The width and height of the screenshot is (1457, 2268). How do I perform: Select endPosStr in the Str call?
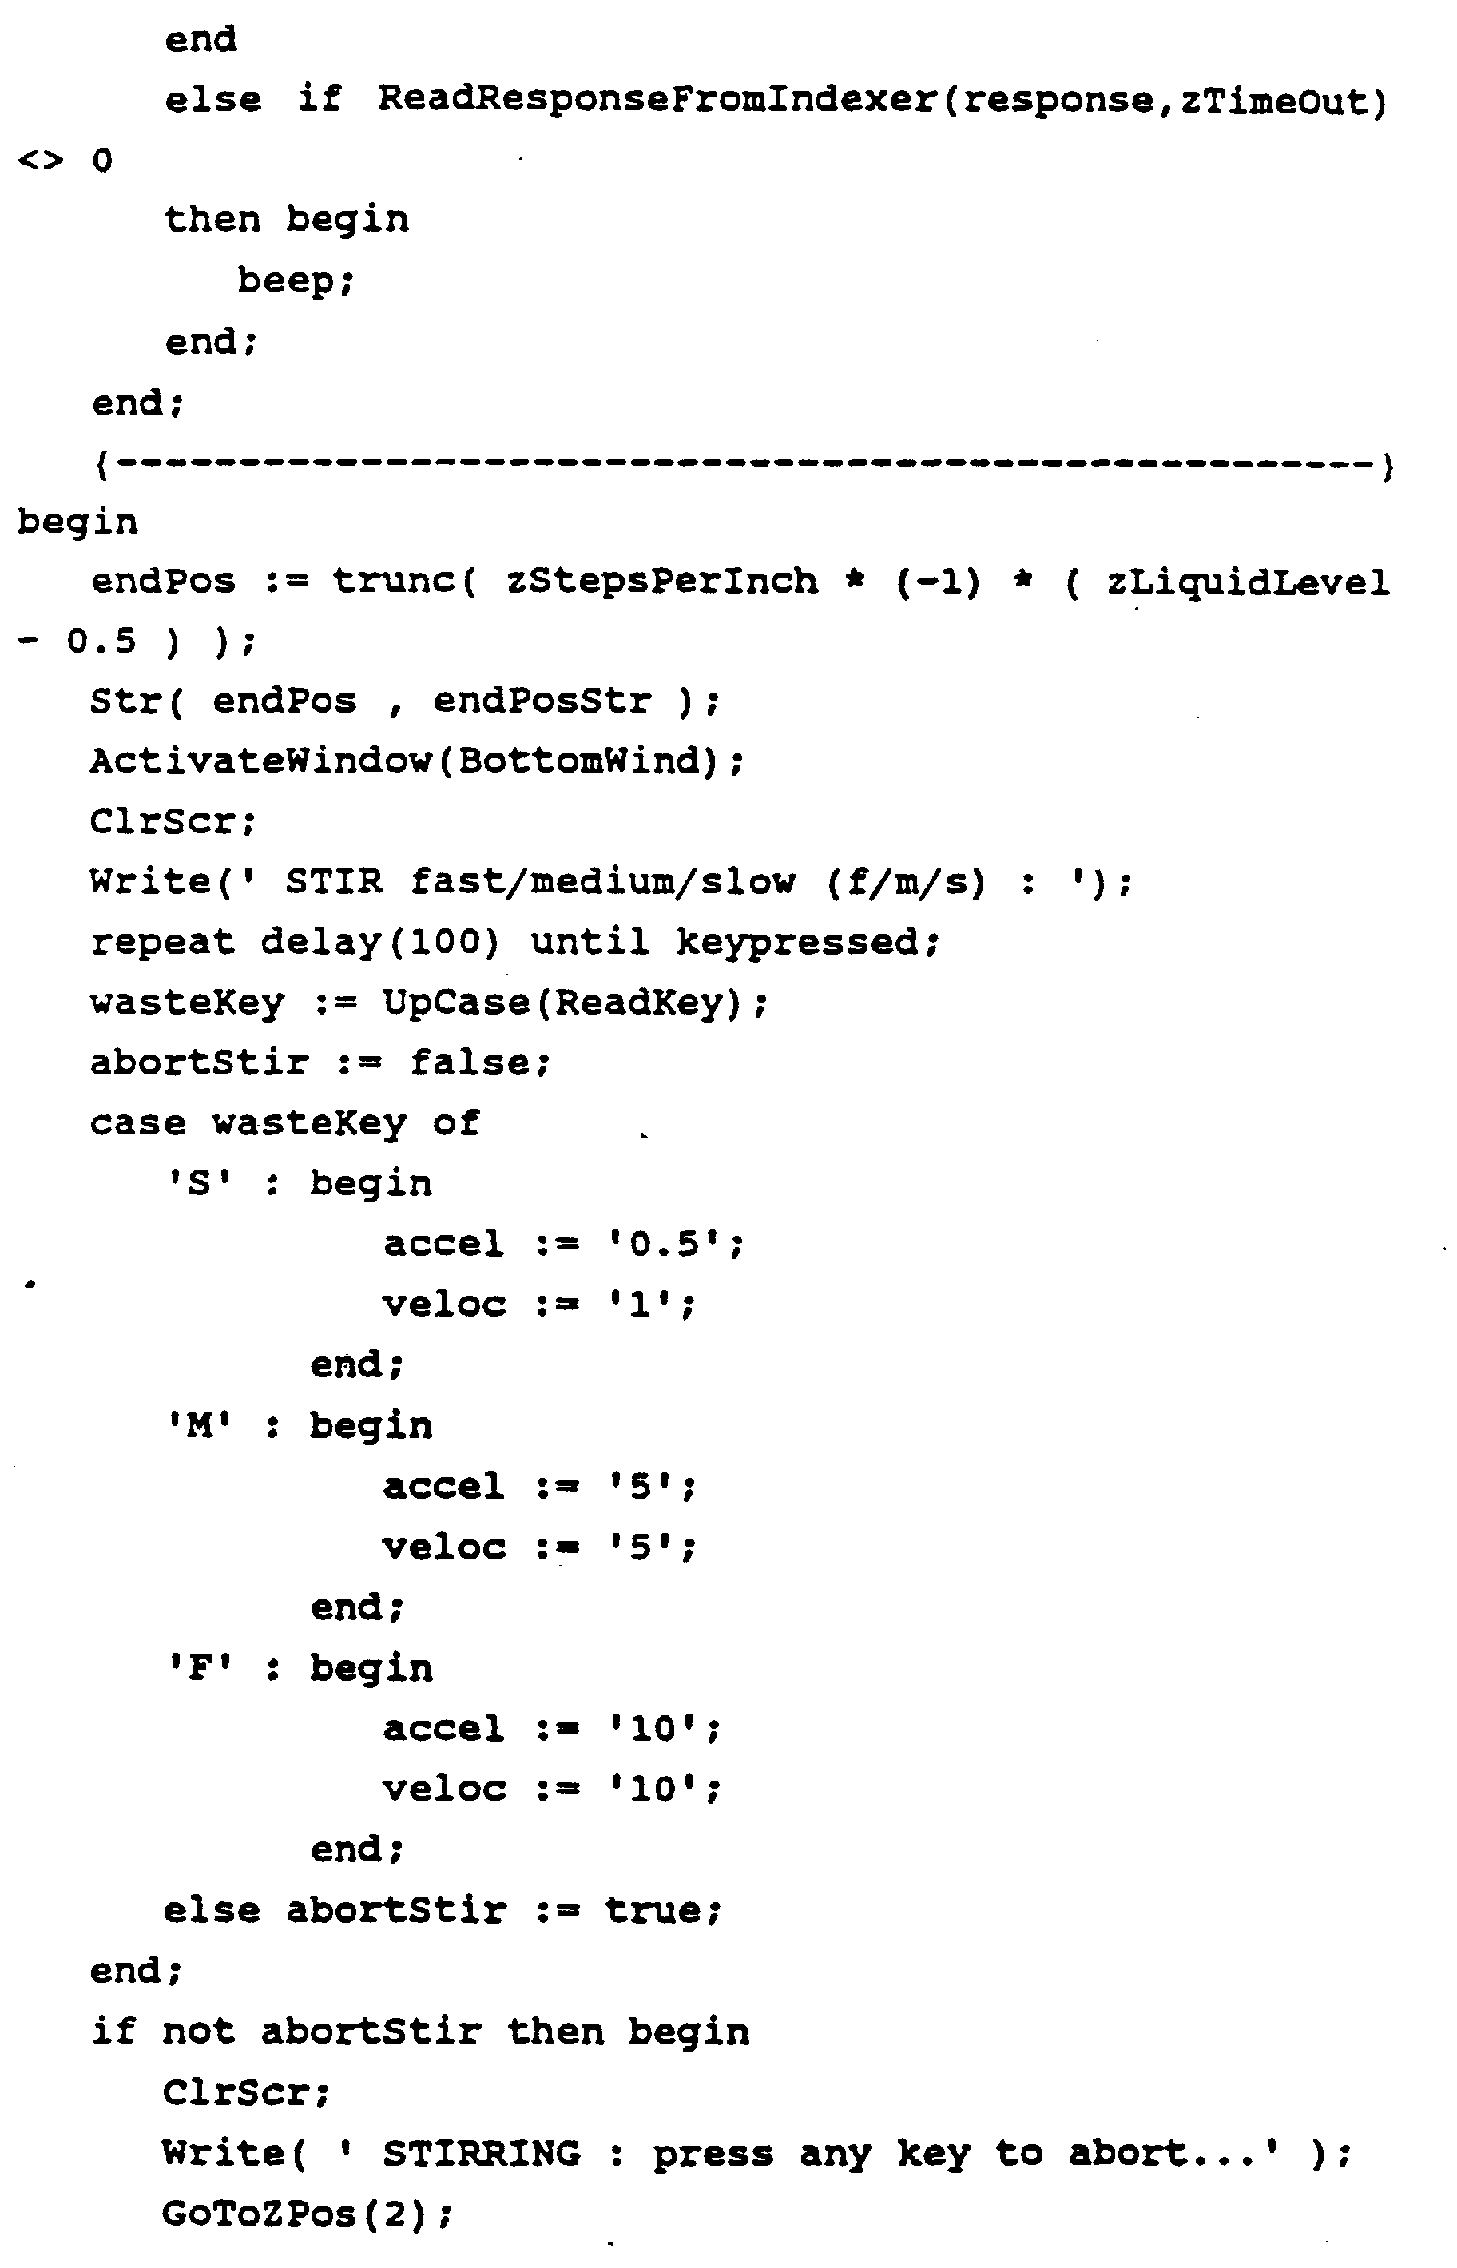click(x=542, y=701)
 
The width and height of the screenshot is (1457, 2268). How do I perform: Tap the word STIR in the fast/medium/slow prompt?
click(x=334, y=882)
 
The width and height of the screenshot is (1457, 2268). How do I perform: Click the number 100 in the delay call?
click(x=443, y=943)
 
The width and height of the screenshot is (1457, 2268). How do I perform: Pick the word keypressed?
click(x=796, y=943)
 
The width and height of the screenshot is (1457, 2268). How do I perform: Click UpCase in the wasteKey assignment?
click(x=456, y=1002)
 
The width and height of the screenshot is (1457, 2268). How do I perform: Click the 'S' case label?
click(x=200, y=1184)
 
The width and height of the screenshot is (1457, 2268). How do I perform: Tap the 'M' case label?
click(x=200, y=1426)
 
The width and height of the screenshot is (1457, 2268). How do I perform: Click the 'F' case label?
click(x=200, y=1668)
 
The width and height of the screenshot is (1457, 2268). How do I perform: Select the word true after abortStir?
click(x=653, y=1910)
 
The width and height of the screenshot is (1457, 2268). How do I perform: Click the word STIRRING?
click(x=482, y=2154)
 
